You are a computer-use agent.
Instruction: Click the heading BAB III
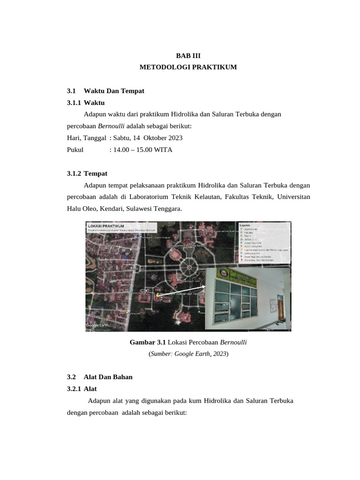click(x=188, y=55)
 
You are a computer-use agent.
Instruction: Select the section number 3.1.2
click(x=74, y=173)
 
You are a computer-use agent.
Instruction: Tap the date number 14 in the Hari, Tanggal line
click(x=137, y=138)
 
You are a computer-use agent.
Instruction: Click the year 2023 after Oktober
click(x=174, y=138)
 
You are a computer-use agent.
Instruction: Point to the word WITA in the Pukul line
click(x=164, y=150)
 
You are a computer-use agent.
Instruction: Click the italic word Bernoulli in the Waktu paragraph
click(x=111, y=126)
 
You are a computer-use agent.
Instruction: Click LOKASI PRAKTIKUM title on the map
click(x=106, y=226)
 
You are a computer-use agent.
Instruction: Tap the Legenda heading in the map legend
click(x=245, y=225)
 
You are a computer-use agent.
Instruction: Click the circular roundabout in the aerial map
click(x=189, y=267)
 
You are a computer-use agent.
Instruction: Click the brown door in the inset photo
click(x=280, y=310)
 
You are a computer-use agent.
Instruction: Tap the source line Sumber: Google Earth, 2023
click(x=188, y=354)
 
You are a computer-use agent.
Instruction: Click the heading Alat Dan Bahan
click(x=108, y=377)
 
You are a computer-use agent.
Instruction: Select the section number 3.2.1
click(x=74, y=389)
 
